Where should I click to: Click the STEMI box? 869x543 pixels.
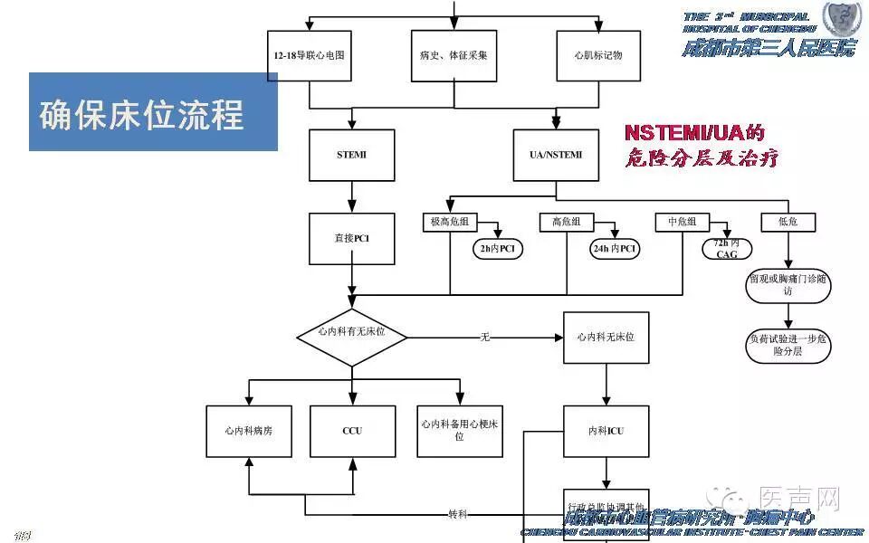click(x=351, y=155)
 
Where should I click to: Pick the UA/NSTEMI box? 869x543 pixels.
click(x=556, y=155)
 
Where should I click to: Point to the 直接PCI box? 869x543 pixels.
click(x=351, y=239)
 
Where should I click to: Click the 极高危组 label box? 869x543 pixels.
click(x=450, y=222)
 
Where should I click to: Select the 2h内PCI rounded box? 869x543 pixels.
click(x=497, y=248)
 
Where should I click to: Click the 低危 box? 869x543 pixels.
click(x=788, y=222)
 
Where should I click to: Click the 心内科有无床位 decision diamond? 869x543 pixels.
click(x=351, y=336)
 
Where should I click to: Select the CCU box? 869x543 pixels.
click(x=351, y=431)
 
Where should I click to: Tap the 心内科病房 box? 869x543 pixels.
click(x=248, y=431)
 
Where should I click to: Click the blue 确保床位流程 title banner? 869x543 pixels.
click(x=153, y=112)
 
